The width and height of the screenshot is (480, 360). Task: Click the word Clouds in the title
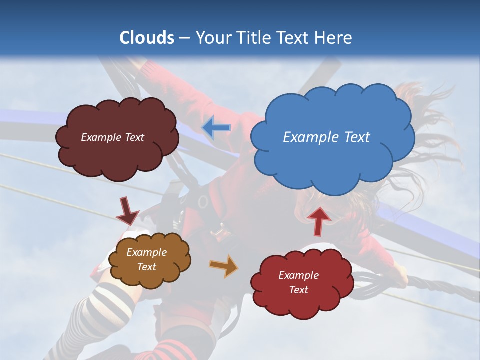[x=147, y=38]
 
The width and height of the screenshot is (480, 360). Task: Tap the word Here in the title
[x=333, y=38]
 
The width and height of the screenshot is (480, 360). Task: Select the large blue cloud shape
[x=332, y=160]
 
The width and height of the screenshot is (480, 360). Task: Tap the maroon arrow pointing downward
[x=127, y=211]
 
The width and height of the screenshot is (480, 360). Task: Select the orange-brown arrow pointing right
[x=224, y=266]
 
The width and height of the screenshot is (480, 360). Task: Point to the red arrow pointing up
[x=318, y=220]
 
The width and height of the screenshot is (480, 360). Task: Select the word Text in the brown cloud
[x=146, y=267]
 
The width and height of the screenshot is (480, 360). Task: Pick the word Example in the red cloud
[x=298, y=275]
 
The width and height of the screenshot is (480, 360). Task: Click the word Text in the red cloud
[x=298, y=290]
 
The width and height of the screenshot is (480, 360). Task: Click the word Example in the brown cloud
[x=146, y=252]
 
